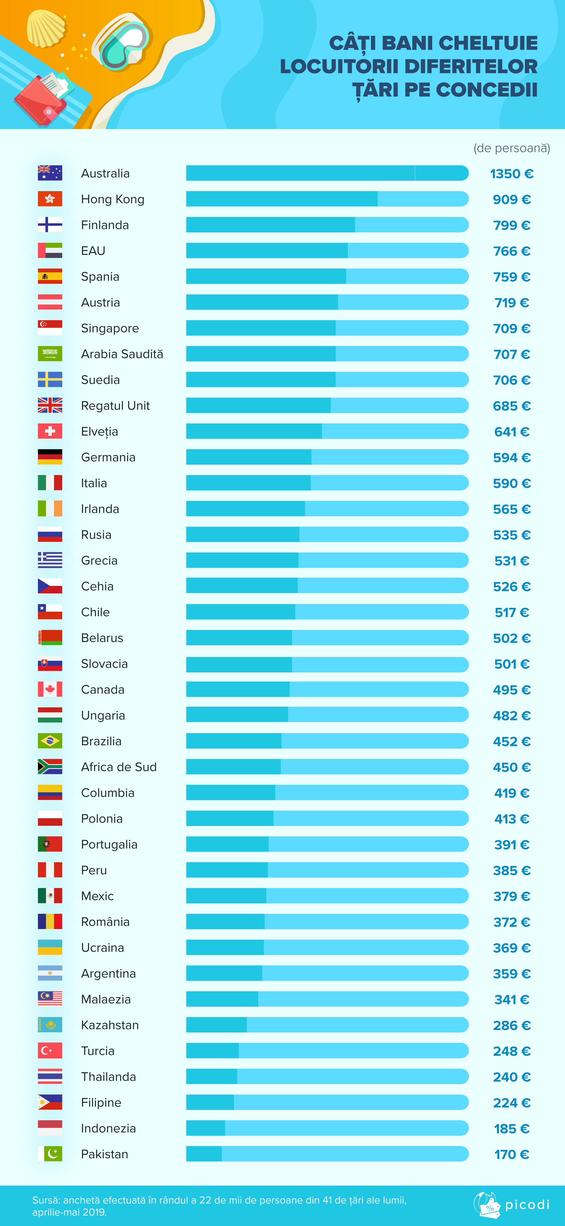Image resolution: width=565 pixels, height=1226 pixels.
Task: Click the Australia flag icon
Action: tap(50, 173)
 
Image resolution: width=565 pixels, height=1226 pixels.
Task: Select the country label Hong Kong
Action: tap(112, 199)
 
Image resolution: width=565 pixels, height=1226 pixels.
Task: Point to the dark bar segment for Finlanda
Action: tap(270, 225)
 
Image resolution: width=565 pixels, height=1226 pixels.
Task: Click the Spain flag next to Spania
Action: tap(50, 276)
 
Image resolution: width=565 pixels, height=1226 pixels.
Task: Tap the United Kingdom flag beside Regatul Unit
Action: tap(50, 405)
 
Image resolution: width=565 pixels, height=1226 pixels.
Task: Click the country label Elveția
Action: tap(99, 432)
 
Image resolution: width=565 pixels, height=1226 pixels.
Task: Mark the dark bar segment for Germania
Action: tap(248, 457)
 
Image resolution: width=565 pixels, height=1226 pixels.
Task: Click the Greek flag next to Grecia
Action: tap(50, 560)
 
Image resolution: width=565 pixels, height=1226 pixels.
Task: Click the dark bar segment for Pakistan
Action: tap(204, 1154)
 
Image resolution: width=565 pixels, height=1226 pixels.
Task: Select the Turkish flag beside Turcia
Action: tap(50, 1050)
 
